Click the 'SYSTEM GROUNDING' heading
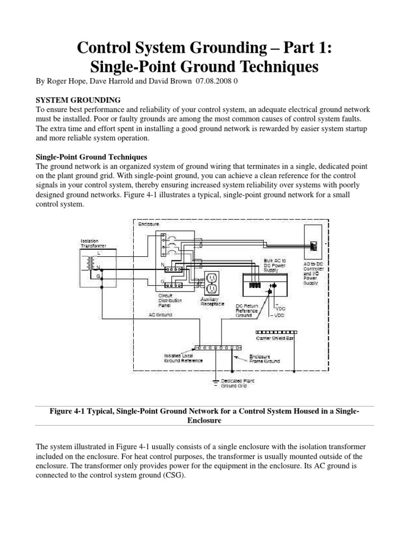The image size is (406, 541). click(78, 100)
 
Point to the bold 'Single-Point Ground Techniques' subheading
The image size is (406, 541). click(91, 157)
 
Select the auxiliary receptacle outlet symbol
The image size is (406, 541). click(211, 283)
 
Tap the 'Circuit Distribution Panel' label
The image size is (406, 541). click(170, 300)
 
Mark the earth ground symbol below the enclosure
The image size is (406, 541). click(216, 382)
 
